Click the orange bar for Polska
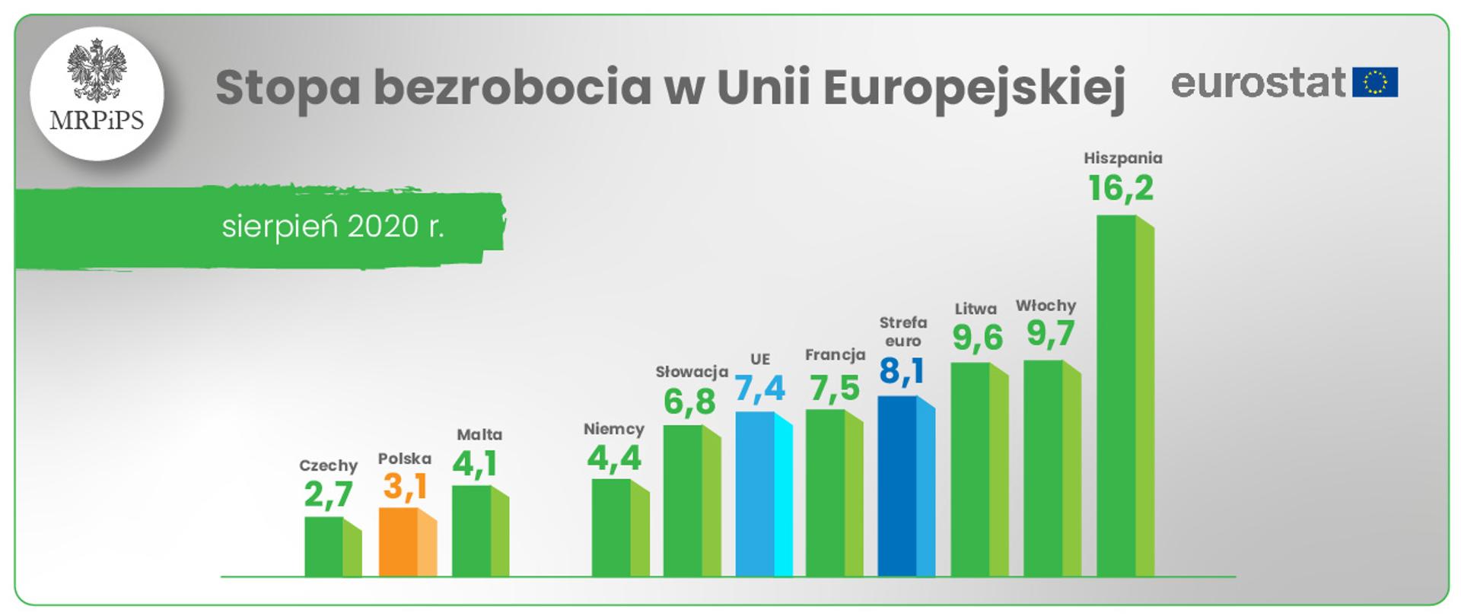[407, 542]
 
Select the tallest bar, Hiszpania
[1125, 395]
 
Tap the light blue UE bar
[763, 494]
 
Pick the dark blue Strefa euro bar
[906, 487]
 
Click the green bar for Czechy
[333, 547]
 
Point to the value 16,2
[1121, 188]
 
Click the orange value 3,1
[405, 487]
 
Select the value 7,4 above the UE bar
[759, 388]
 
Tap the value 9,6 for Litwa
[978, 338]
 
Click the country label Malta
[479, 434]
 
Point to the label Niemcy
[614, 429]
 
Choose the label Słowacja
[692, 372]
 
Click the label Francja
[835, 354]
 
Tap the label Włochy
[1046, 306]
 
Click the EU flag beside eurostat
[1375, 82]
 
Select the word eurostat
[1258, 82]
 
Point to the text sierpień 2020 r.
[333, 227]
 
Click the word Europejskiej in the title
[974, 88]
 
